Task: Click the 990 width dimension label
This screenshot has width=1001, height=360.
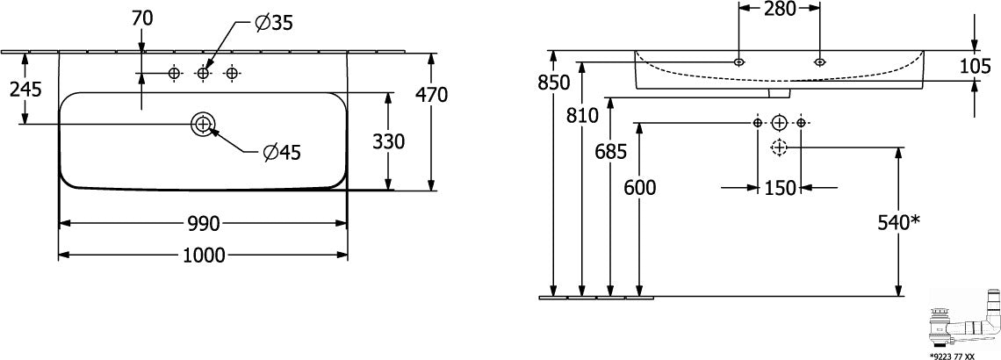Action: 204,223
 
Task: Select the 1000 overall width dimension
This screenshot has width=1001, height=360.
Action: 204,256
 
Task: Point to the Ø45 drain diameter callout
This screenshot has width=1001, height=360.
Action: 282,152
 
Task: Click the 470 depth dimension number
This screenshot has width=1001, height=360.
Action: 431,95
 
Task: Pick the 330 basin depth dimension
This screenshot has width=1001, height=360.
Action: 388,141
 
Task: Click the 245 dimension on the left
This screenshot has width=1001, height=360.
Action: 25,90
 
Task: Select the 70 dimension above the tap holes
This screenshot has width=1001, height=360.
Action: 142,19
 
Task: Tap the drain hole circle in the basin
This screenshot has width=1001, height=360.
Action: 203,124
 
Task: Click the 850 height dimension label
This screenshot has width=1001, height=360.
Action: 553,83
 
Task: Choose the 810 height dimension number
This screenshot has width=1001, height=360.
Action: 581,116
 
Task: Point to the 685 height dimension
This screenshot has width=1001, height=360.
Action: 611,151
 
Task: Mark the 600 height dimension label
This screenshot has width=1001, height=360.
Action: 639,188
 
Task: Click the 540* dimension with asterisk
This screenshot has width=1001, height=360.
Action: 897,222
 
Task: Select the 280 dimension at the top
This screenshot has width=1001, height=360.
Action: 779,9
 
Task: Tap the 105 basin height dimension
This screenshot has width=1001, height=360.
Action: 975,66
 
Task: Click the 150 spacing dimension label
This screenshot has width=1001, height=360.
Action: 780,188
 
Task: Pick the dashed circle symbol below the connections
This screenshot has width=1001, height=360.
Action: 779,148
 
